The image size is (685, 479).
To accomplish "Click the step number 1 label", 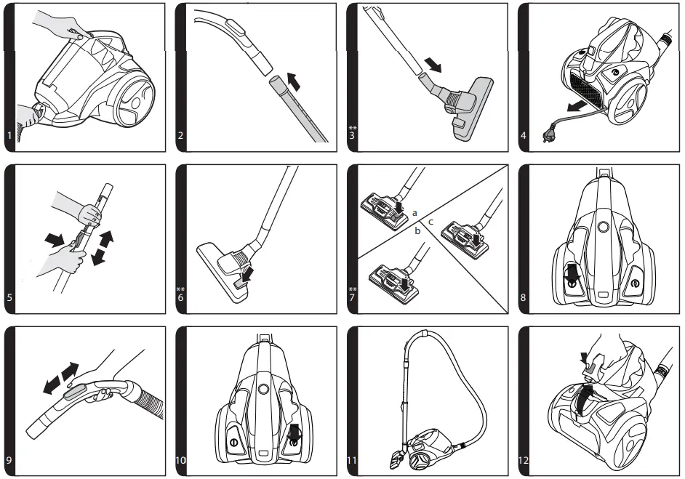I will pyautogui.click(x=9, y=135).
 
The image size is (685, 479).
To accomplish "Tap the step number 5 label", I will pyautogui.click(x=9, y=297).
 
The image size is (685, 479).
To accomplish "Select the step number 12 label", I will pyautogui.click(x=524, y=460).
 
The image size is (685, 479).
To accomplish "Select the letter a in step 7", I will pyautogui.click(x=414, y=213).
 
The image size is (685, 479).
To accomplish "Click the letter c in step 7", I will pyautogui.click(x=431, y=221).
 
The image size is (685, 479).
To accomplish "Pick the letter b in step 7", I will pyautogui.click(x=418, y=230).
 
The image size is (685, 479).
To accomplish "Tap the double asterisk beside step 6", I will pyautogui.click(x=181, y=289).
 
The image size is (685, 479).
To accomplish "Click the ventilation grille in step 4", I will pyautogui.click(x=590, y=93).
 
